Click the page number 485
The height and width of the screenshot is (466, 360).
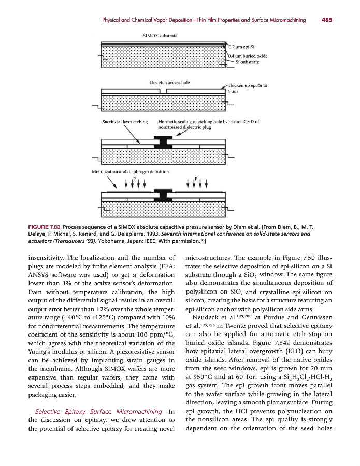[326, 20]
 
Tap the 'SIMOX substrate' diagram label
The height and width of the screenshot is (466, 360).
[160, 36]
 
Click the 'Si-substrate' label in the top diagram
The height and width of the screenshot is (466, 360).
[247, 62]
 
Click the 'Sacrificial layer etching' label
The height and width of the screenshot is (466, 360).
[125, 122]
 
